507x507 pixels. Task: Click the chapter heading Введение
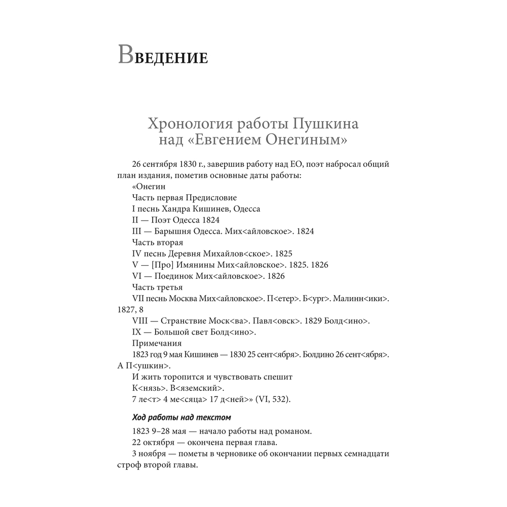[163, 55]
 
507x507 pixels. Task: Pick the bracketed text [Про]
[162, 265]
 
